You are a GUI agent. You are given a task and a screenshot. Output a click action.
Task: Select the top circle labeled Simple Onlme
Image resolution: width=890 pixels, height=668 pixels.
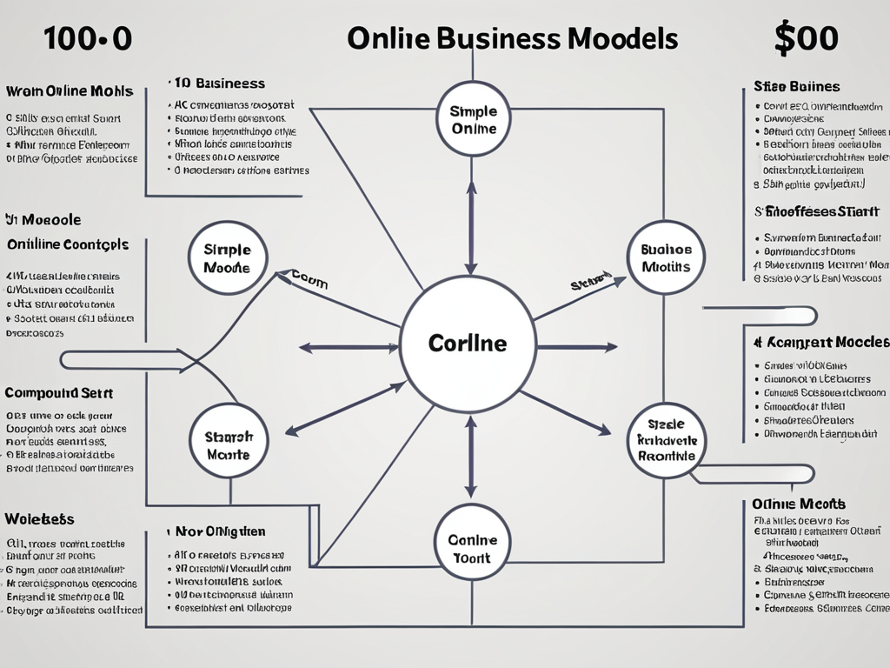pos(473,119)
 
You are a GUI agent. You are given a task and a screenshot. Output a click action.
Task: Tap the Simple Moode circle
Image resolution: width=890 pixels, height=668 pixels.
pos(227,258)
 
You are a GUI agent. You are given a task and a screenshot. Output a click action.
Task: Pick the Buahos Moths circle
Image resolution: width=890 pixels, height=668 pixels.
pos(665,258)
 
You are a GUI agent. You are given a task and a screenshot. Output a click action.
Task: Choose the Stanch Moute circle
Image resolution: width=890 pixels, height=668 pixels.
pos(229,445)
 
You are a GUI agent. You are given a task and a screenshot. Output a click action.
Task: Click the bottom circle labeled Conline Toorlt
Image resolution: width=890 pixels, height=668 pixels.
pos(471,548)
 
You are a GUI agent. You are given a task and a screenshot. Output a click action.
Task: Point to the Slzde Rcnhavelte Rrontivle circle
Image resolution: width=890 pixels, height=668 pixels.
pos(667,440)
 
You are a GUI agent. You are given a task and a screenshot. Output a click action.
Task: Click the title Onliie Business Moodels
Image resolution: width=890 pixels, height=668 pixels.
pos(512,39)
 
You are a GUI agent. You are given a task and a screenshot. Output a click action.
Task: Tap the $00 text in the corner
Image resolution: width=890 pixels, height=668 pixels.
pos(806,39)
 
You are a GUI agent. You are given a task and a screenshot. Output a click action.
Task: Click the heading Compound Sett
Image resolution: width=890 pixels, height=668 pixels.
pos(58,393)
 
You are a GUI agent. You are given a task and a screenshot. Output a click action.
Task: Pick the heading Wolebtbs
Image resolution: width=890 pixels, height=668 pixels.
pos(39,519)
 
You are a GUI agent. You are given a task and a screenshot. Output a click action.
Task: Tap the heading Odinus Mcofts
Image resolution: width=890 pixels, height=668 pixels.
pos(798,504)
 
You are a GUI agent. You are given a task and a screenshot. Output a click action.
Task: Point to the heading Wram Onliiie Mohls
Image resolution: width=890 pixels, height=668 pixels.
pos(69,91)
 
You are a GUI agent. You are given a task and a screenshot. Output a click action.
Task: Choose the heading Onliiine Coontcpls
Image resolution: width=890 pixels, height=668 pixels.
pos(67,244)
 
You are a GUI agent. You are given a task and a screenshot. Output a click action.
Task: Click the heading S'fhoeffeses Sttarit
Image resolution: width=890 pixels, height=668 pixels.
pos(816,211)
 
